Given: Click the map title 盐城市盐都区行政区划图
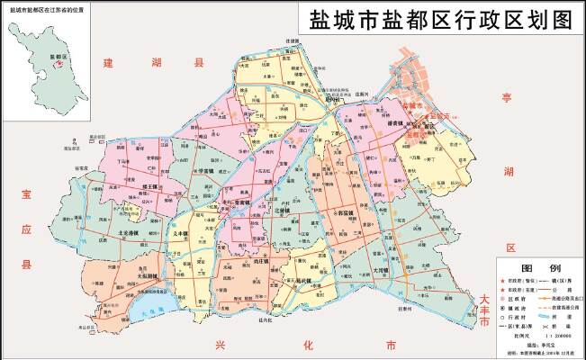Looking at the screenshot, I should [440, 20].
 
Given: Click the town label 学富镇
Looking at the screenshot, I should [205, 167].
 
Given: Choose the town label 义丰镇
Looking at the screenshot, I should [181, 233].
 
